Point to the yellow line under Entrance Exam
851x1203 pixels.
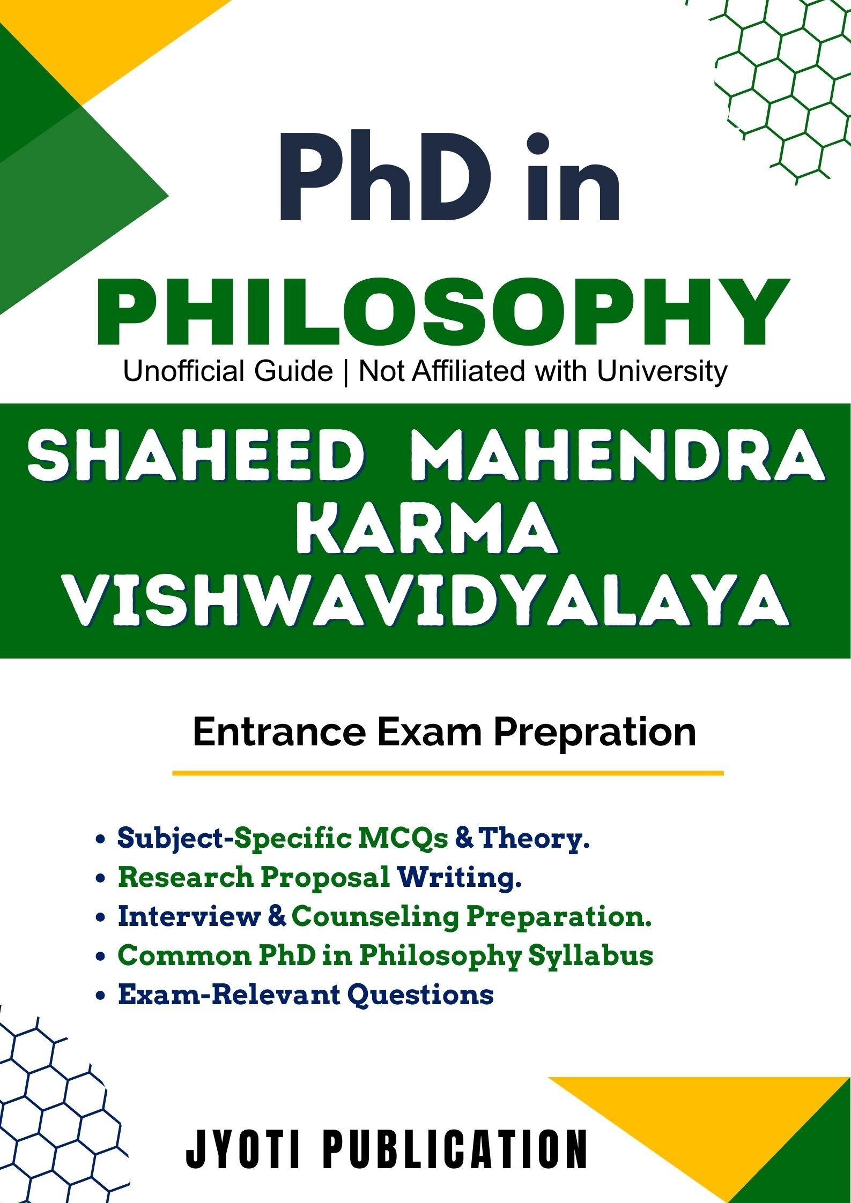[x=448, y=773]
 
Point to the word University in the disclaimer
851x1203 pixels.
[x=662, y=372]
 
